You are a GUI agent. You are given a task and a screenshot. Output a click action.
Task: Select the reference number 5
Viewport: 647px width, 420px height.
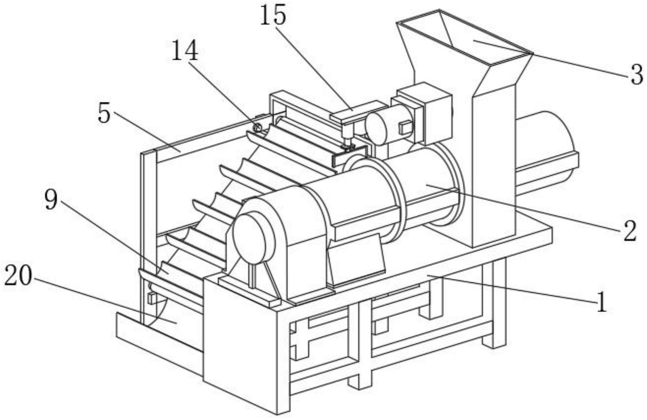pos(104,114)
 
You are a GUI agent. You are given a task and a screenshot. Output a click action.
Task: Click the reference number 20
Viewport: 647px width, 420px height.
pos(18,277)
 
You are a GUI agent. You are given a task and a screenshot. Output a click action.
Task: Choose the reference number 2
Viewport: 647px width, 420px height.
pos(630,231)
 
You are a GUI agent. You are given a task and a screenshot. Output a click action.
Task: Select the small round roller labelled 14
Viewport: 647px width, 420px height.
pos(258,127)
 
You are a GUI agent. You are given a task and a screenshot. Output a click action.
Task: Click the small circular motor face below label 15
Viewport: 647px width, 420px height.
pos(376,128)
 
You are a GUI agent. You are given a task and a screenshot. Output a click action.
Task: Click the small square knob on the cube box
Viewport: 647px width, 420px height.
pos(405,127)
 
